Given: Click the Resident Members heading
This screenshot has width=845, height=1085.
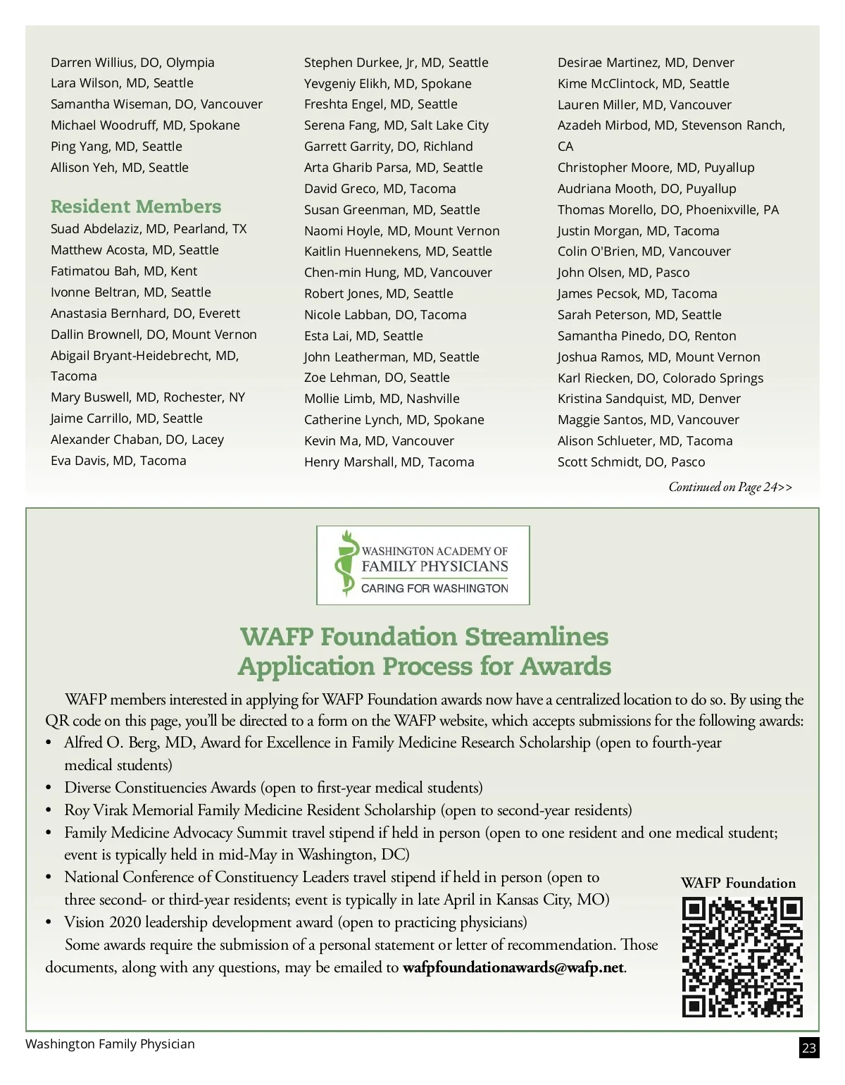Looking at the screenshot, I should pos(136,206).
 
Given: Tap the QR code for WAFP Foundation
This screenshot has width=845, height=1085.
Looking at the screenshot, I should pos(742,957).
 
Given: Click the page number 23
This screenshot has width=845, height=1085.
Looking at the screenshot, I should pos(809,1048).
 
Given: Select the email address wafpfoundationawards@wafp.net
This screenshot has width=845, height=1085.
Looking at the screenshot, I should pos(513,967).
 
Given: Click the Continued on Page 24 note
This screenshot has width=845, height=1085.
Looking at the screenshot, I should pos(730,487).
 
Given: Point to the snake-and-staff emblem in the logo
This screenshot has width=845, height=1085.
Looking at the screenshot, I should pos(344,564).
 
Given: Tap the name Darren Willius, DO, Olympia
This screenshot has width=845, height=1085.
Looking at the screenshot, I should pos(132,63).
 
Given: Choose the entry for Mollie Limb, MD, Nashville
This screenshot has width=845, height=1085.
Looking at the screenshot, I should pos(382,399).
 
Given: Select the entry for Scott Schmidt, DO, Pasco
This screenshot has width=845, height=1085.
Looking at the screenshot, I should pos(631,462).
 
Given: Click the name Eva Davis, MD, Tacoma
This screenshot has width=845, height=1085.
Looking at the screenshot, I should pos(118,461).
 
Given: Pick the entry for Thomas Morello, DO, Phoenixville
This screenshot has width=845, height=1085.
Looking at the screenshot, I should pos(668,210).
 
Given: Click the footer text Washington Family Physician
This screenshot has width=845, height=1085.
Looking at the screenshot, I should pos(110,1044).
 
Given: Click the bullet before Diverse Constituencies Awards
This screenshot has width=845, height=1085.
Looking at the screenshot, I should pos(49,788).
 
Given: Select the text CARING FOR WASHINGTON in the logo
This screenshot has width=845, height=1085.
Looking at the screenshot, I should pos(434,588).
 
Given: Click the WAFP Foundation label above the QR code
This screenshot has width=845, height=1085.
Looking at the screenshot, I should pos(738,883).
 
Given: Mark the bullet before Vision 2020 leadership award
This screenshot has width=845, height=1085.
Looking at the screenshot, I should pos(49,923).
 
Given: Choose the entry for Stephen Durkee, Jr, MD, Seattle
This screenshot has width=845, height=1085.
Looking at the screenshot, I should pos(396,63).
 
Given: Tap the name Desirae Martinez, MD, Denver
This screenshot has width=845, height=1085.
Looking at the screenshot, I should pos(646,63).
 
